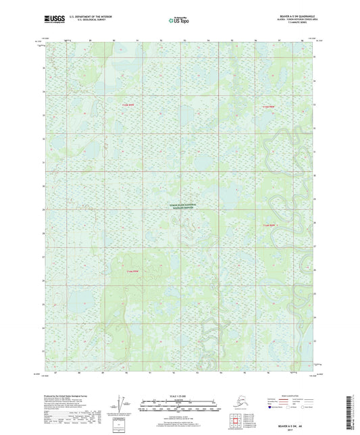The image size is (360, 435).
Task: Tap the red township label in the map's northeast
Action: [x=268, y=107]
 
